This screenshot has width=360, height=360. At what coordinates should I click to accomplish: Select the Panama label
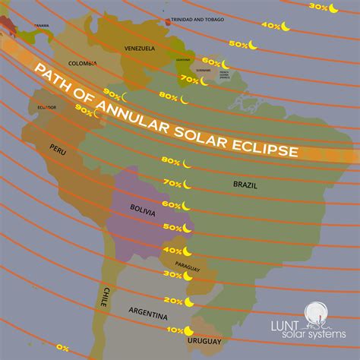pyautogui.click(x=42, y=25)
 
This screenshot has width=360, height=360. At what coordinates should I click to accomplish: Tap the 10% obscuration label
pyautogui.click(x=175, y=330)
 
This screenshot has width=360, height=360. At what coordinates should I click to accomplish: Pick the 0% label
pyautogui.click(x=62, y=348)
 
